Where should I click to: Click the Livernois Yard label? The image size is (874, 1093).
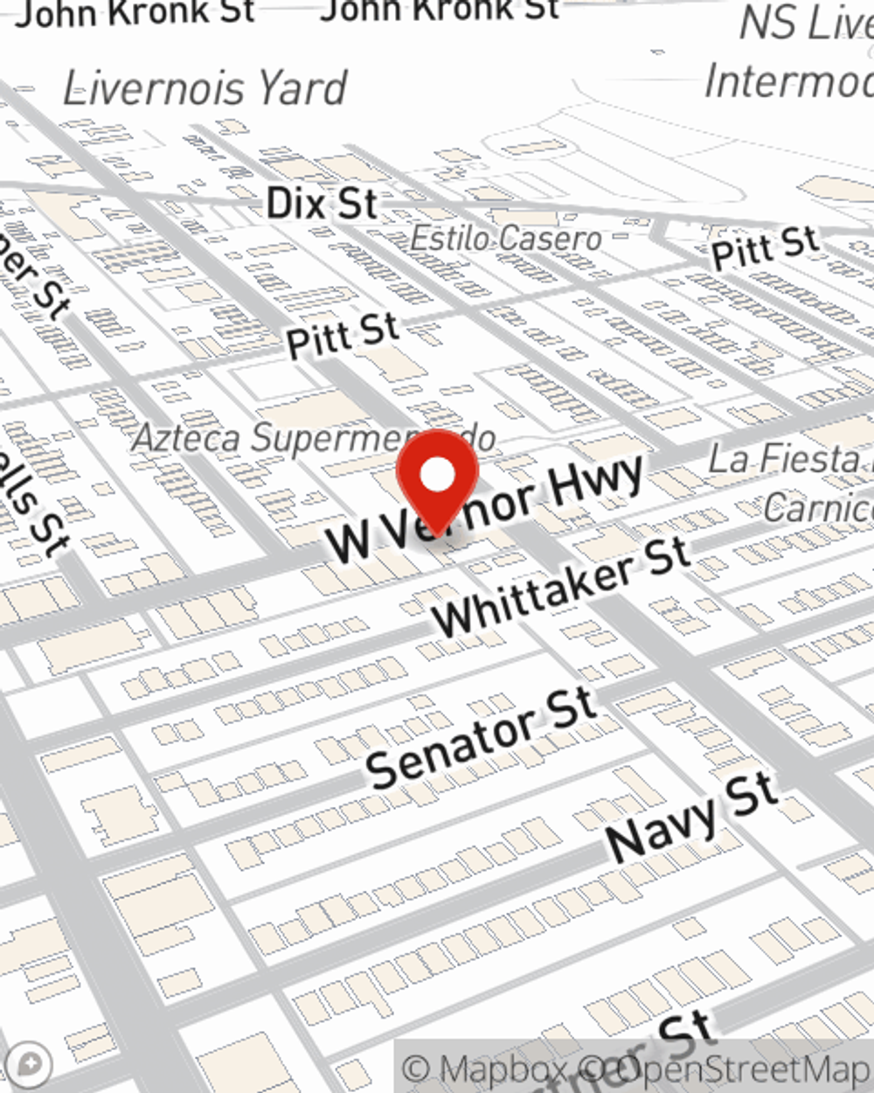click(x=205, y=89)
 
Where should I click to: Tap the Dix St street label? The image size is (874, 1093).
click(x=322, y=205)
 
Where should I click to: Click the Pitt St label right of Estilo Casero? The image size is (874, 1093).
click(x=765, y=247)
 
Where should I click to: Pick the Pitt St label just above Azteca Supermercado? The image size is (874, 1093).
click(x=343, y=336)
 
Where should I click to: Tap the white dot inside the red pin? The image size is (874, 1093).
click(x=437, y=476)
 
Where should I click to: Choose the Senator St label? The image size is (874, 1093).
click(x=481, y=737)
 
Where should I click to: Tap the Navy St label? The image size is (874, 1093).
click(x=690, y=818)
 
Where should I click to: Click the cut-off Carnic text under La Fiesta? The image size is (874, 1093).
click(x=817, y=507)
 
